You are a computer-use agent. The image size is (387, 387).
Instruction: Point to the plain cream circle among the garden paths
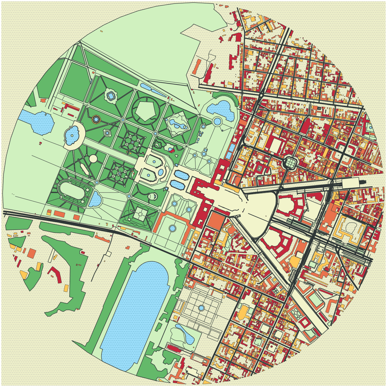tap(93, 158)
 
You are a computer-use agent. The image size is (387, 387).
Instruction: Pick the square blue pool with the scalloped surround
tap(111, 95)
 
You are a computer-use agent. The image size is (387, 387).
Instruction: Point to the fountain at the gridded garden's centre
tap(201, 308)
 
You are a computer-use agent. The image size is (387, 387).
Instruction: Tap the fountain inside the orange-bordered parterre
tap(173, 228)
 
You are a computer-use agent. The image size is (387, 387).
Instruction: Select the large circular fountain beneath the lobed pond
tap(217, 122)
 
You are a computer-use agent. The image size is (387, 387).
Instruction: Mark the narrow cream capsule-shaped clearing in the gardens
tap(85, 168)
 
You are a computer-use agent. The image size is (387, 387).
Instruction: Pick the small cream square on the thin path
tap(108, 254)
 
